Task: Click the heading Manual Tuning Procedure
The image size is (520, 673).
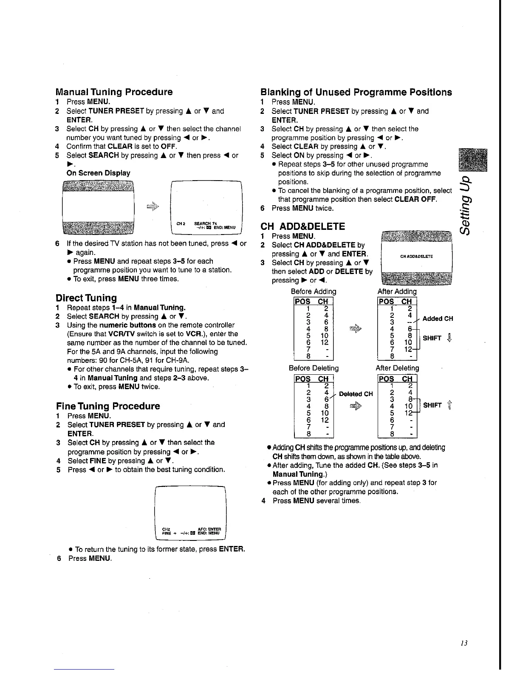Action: point(114,92)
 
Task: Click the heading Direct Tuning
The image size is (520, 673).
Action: point(86,298)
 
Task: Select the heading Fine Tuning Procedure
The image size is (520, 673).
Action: point(108,406)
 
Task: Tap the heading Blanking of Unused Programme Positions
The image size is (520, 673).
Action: point(356,92)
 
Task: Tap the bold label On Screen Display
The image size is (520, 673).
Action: point(98,173)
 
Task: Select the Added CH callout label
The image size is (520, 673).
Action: point(438,319)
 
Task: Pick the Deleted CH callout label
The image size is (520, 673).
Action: point(356,394)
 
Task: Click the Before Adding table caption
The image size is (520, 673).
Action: point(314,291)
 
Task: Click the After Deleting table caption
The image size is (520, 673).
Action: point(397,368)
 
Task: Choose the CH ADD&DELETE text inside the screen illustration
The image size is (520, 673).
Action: point(416,257)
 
